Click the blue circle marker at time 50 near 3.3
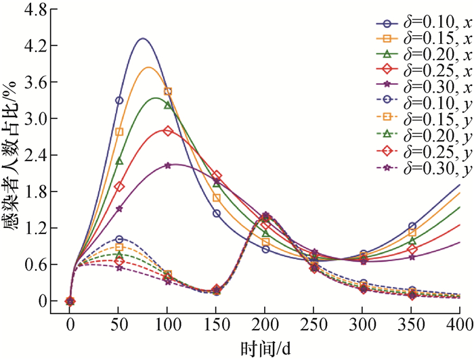point(119,100)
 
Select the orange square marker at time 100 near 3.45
point(168,91)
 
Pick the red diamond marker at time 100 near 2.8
point(168,131)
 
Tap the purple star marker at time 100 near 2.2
point(168,166)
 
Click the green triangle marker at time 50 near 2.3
point(119,161)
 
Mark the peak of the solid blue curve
point(142,39)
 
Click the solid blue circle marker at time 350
point(412,226)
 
